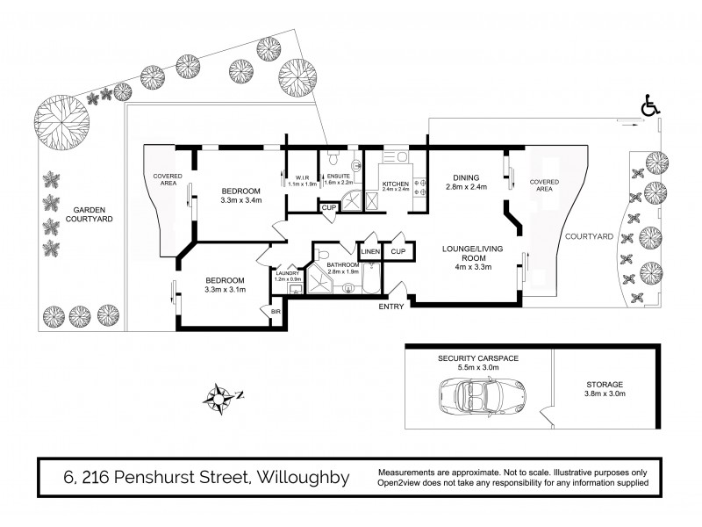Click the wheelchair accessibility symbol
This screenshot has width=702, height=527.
click(650, 107)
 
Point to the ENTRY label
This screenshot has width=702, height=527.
click(392, 307)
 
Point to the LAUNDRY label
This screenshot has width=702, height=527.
click(287, 273)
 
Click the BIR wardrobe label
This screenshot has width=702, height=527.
click(276, 311)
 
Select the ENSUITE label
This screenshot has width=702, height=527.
click(337, 176)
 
